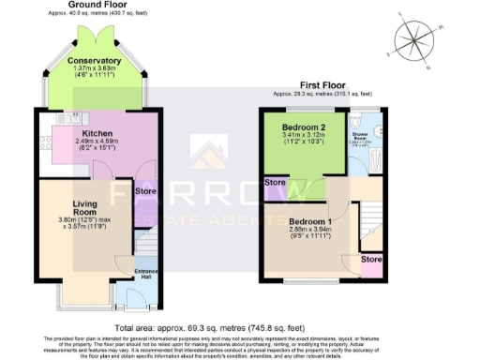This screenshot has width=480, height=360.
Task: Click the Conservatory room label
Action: [x=94, y=62]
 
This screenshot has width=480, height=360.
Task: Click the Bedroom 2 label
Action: [x=305, y=126]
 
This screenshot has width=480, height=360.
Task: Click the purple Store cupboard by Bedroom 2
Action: [x=277, y=182]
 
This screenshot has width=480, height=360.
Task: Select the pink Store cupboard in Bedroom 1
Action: [x=371, y=259]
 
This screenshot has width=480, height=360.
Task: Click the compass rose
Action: [x=413, y=39]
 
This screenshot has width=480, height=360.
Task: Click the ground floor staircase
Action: [x=141, y=248]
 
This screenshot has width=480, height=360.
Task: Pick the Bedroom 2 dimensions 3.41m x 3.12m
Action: [x=305, y=135]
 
